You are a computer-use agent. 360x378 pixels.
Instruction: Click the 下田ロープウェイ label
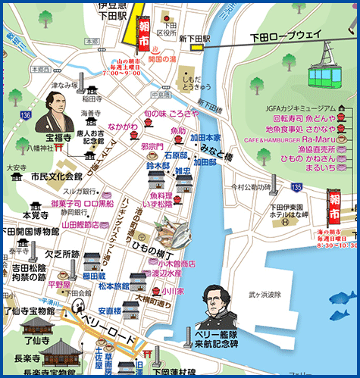point(286,34)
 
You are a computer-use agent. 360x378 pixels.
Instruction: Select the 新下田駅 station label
point(194,36)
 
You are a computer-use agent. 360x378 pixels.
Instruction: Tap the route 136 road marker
point(26,114)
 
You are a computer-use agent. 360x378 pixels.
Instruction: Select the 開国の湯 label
point(164,58)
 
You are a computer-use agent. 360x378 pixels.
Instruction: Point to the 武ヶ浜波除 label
point(265,294)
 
